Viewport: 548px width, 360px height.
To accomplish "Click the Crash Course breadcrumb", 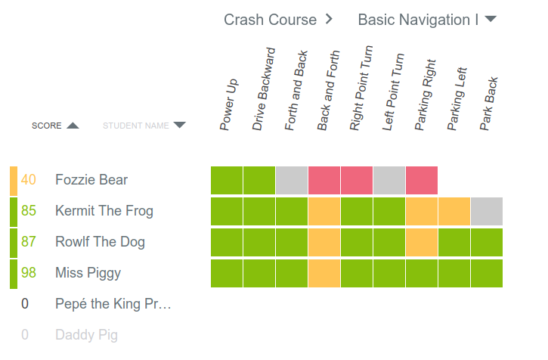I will pos(270,20).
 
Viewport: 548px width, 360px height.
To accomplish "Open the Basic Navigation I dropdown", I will pos(426,20).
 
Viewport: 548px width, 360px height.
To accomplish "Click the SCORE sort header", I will pos(54,126).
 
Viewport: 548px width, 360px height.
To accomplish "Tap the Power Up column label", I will pos(228,104).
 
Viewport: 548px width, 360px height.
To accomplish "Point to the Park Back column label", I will pos(488,104).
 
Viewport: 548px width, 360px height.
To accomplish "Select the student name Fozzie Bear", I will pos(91,180).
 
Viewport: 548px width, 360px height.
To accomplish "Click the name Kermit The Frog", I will pos(104,211).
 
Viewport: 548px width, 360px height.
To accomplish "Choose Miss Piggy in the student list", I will pos(88,273).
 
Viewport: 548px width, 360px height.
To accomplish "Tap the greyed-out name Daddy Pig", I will pos(86,335).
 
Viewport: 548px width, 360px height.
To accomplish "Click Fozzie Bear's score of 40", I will pos(29,180).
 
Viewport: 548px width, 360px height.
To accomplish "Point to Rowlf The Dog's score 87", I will pos(29,242).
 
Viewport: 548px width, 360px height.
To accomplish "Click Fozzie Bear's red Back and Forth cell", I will pos(324,180).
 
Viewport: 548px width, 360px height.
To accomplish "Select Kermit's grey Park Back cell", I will pos(487,211).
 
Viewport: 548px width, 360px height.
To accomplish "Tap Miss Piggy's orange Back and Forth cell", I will pos(324,273).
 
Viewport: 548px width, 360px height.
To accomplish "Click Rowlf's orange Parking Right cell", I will pos(422,242).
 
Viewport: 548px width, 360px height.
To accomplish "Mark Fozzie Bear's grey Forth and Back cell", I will pos(292,180).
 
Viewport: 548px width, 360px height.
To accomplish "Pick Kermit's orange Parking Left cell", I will pos(454,211).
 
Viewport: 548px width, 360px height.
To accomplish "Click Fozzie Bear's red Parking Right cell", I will pos(422,180).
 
